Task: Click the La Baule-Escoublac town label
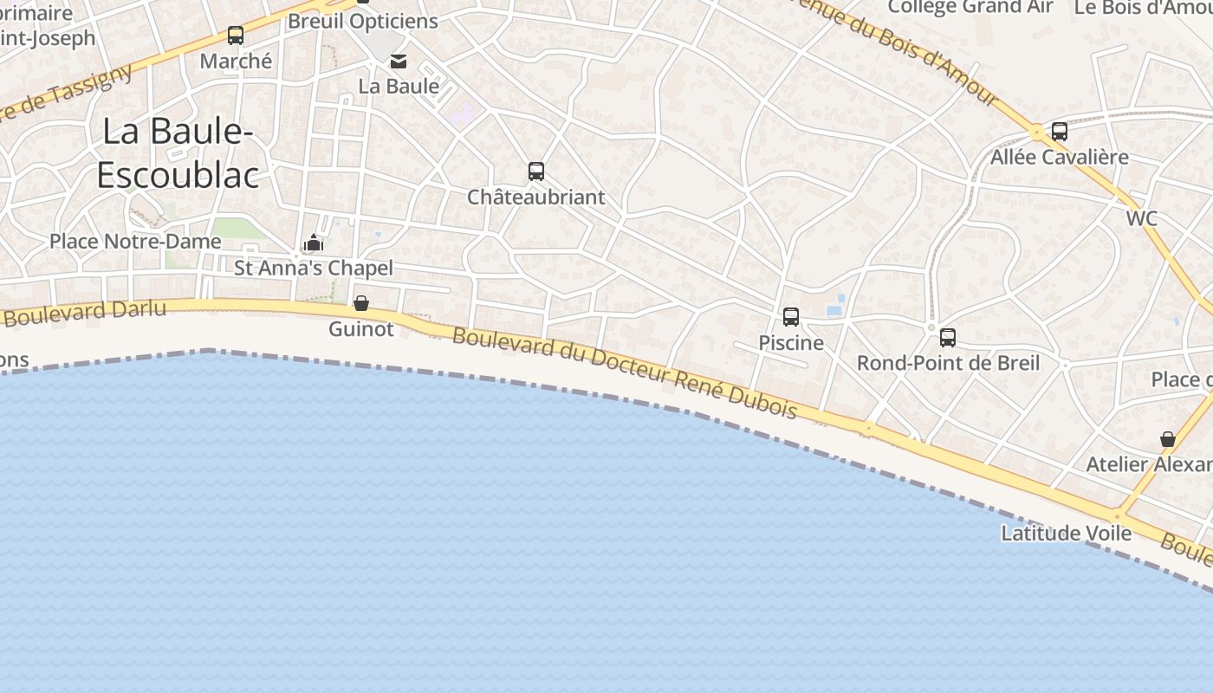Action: pyautogui.click(x=178, y=153)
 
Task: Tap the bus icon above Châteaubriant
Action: pyautogui.click(x=536, y=172)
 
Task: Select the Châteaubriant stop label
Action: pyautogui.click(x=536, y=197)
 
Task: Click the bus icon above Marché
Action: pyautogui.click(x=236, y=36)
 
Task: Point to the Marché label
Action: pyautogui.click(x=236, y=61)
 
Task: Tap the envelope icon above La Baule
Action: pyautogui.click(x=399, y=62)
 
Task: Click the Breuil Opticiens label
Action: pyautogui.click(x=363, y=21)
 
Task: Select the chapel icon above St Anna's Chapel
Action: pyautogui.click(x=315, y=243)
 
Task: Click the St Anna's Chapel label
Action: pyautogui.click(x=314, y=268)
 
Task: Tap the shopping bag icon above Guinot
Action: pyautogui.click(x=361, y=303)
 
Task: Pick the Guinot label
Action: pyautogui.click(x=361, y=329)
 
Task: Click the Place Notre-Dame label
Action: pyautogui.click(x=135, y=241)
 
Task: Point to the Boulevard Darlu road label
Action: pyautogui.click(x=84, y=312)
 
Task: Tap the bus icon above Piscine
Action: pyautogui.click(x=791, y=317)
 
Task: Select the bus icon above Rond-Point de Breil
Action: pyautogui.click(x=948, y=338)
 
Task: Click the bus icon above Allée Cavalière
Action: pyautogui.click(x=1060, y=132)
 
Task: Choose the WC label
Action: pyautogui.click(x=1142, y=218)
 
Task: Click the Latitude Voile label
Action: pyautogui.click(x=1067, y=533)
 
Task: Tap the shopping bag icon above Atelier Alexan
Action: pyautogui.click(x=1168, y=439)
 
